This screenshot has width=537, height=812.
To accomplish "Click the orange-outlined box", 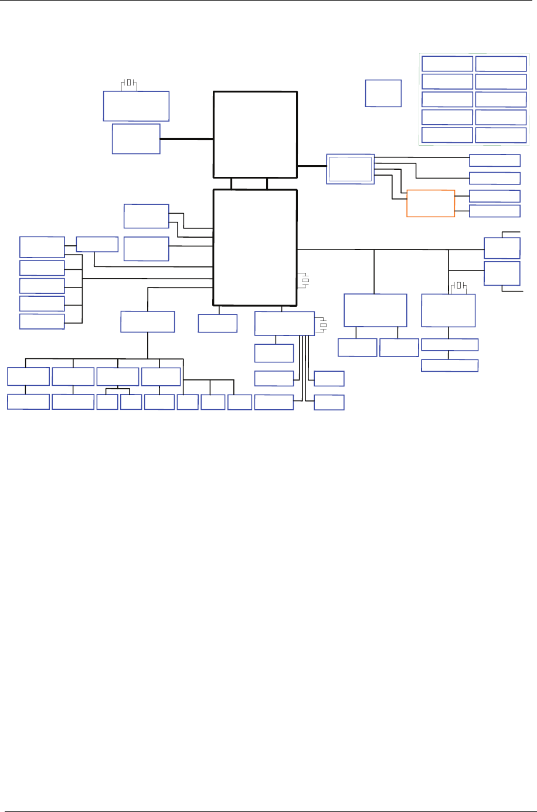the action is pyautogui.click(x=430, y=203).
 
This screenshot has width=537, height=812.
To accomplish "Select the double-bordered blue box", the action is pyautogui.click(x=350, y=169).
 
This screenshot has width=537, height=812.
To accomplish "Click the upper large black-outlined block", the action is pyautogui.click(x=255, y=134).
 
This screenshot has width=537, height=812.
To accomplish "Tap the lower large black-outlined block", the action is pyautogui.click(x=255, y=246).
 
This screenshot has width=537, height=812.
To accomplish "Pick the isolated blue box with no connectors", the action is pyautogui.click(x=383, y=93).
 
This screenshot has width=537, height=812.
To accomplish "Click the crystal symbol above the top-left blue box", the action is pyautogui.click(x=129, y=83).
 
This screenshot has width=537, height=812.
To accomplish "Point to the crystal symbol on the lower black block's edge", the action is pyautogui.click(x=305, y=281).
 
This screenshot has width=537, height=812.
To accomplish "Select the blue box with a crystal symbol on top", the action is pyautogui.click(x=448, y=310).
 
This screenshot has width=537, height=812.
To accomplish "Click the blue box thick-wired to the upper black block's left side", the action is pyautogui.click(x=136, y=139).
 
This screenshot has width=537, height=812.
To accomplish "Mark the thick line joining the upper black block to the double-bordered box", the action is pyautogui.click(x=311, y=166).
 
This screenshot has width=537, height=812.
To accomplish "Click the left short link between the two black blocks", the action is pyautogui.click(x=232, y=183).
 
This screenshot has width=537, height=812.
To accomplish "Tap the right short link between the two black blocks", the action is pyautogui.click(x=267, y=183).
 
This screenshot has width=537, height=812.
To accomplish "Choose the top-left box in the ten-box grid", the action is pyautogui.click(x=447, y=64).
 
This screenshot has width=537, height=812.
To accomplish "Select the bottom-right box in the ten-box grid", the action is pyautogui.click(x=501, y=135).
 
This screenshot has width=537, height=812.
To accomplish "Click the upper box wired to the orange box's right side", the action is pyautogui.click(x=494, y=196).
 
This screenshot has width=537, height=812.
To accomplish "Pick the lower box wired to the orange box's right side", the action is pyautogui.click(x=494, y=211).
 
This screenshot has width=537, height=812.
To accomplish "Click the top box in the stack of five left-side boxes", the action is pyautogui.click(x=42, y=246).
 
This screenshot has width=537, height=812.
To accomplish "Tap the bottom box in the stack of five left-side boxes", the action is pyautogui.click(x=42, y=321).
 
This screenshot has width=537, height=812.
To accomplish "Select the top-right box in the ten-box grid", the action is pyautogui.click(x=501, y=64).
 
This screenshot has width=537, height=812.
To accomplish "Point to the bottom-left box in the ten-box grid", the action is pyautogui.click(x=447, y=135).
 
